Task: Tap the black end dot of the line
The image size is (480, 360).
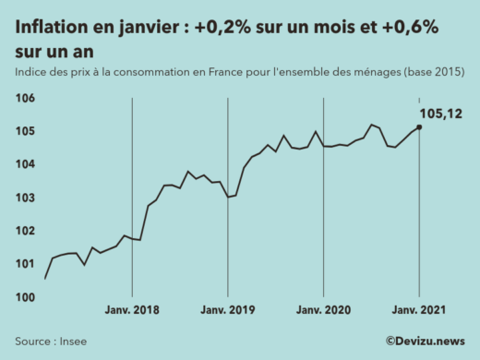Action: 419,127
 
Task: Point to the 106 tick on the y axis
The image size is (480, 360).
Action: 25,99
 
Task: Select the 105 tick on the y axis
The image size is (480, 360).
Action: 25,132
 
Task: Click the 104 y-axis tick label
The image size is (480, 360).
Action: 25,165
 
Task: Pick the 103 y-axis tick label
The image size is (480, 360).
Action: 25,198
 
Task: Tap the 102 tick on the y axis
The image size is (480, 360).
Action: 25,232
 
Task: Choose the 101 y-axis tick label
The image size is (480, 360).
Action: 25,265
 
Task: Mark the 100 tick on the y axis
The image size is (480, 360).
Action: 25,297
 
